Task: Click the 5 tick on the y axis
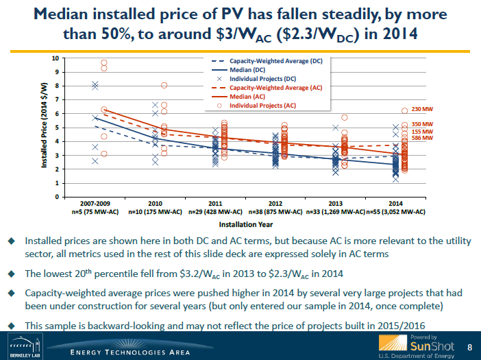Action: [x=56, y=128]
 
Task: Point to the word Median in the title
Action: [x=79, y=14]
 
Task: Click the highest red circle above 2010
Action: [x=164, y=85]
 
